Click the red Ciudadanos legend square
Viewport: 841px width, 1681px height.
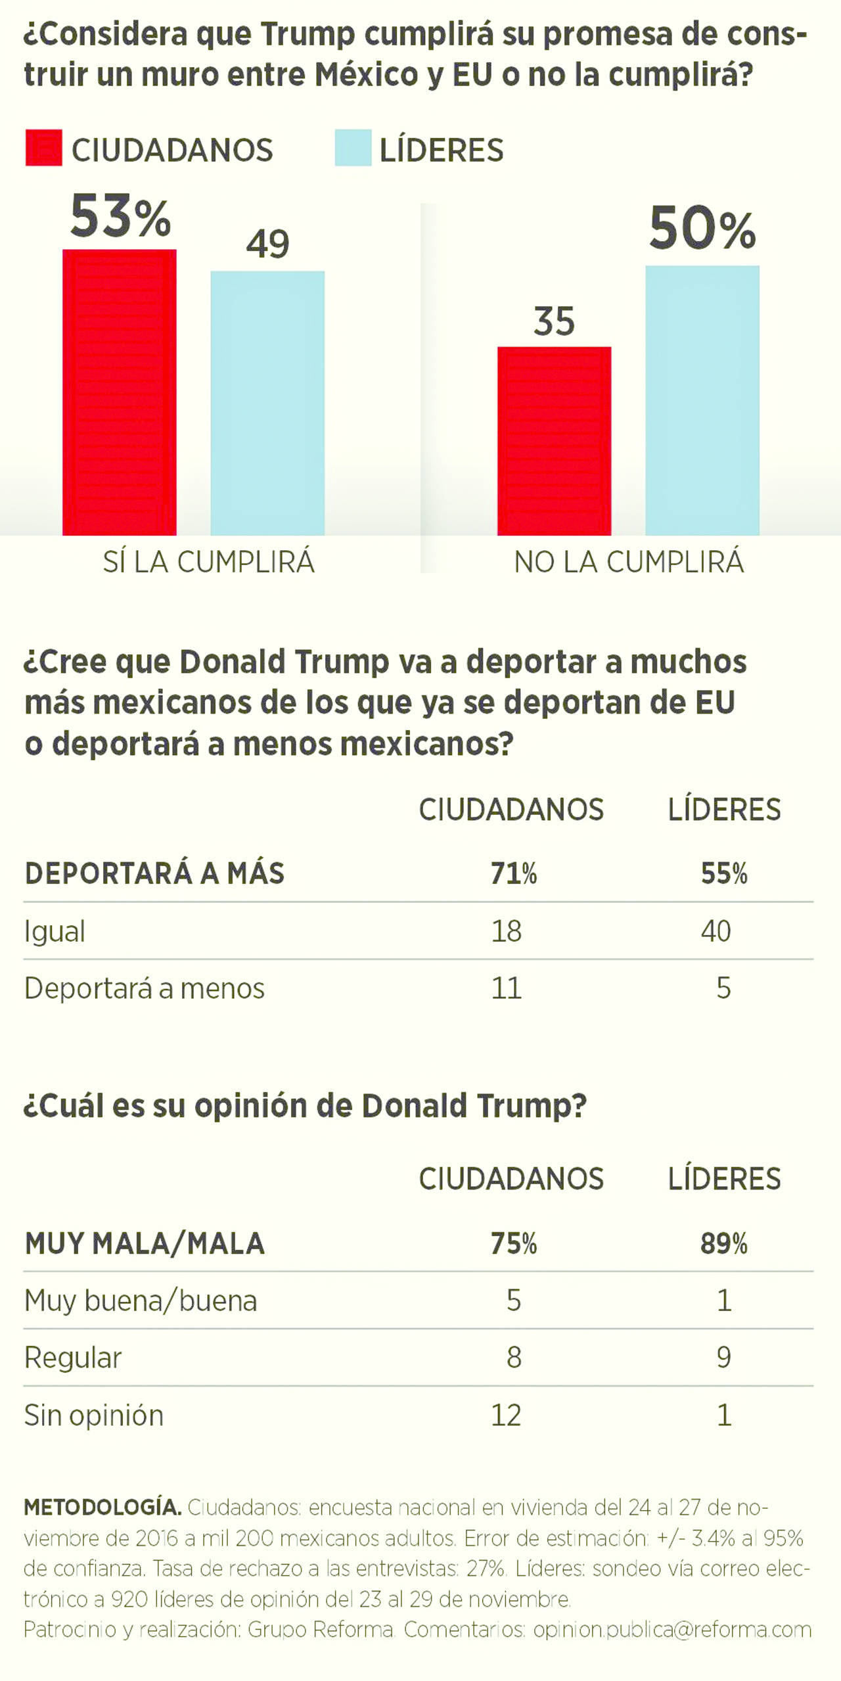tap(43, 148)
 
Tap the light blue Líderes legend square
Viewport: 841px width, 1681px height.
tap(353, 148)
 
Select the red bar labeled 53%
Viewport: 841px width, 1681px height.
tap(120, 392)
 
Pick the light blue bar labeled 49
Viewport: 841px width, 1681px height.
tap(267, 403)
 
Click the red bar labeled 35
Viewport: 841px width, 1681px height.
tap(554, 440)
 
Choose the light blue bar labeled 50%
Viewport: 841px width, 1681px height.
tap(702, 400)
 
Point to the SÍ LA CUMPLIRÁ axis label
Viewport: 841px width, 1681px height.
tap(209, 563)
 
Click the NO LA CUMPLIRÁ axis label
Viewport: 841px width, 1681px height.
tap(629, 563)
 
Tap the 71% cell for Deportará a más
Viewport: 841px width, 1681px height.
tap(514, 873)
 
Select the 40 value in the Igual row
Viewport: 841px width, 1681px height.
tap(716, 931)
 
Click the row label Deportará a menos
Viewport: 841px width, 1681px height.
tap(145, 988)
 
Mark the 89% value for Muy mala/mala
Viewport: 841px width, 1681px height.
tap(723, 1244)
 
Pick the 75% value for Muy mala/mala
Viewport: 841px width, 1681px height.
tap(514, 1244)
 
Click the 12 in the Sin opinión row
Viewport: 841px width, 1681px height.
tap(506, 1415)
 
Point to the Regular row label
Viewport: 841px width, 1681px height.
tap(73, 1358)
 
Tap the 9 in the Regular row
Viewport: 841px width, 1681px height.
tap(723, 1358)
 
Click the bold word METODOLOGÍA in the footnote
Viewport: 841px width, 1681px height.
tap(102, 1507)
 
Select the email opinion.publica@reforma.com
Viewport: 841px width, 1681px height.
tap(672, 1629)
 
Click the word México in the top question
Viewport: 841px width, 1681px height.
tap(366, 74)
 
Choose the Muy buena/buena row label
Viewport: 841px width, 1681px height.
tap(141, 1301)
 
